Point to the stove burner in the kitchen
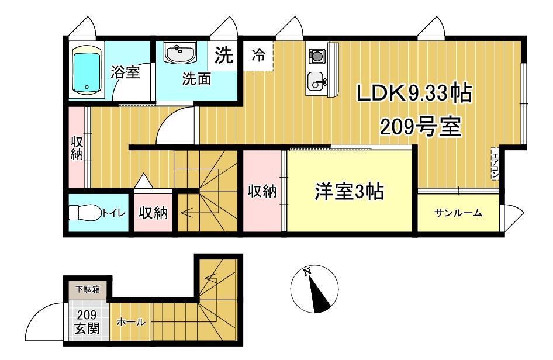(317, 56)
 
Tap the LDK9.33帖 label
(414, 94)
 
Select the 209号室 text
(421, 127)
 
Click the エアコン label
(495, 164)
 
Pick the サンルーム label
(458, 213)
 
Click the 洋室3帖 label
(349, 192)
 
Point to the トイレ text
(113, 213)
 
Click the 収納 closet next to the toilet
(153, 213)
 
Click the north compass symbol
(314, 289)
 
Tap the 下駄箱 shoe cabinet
(88, 289)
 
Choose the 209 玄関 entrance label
(87, 321)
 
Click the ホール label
(130, 321)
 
